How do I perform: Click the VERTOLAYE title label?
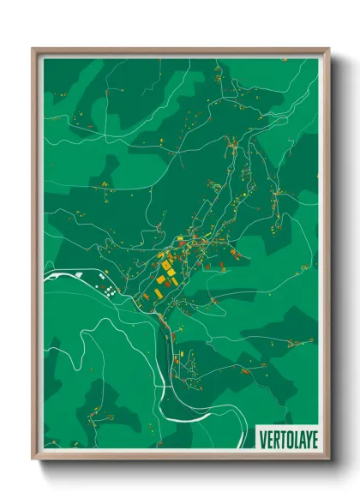click(x=285, y=439)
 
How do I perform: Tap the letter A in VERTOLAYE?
click(x=297, y=439)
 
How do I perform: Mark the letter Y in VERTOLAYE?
click(x=303, y=439)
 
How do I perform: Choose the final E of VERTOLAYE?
click(x=309, y=439)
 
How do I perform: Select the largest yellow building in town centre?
click(x=162, y=279)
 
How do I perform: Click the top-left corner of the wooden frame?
click(x=33, y=49)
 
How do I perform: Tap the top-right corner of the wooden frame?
click(x=328, y=49)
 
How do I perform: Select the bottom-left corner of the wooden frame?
click(x=33, y=460)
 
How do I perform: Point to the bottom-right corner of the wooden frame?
click(x=328, y=460)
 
